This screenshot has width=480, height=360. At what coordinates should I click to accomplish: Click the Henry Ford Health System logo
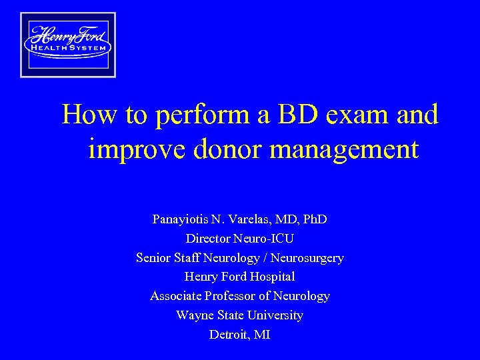click(67, 45)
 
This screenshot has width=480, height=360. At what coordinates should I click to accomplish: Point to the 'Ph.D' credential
click(313, 219)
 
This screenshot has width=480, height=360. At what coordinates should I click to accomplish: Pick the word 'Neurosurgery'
click(307, 258)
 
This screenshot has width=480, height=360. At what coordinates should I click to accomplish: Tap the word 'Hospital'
click(271, 276)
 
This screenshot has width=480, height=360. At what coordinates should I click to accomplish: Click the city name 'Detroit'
click(227, 335)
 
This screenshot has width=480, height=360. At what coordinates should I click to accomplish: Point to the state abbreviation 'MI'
click(261, 335)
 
